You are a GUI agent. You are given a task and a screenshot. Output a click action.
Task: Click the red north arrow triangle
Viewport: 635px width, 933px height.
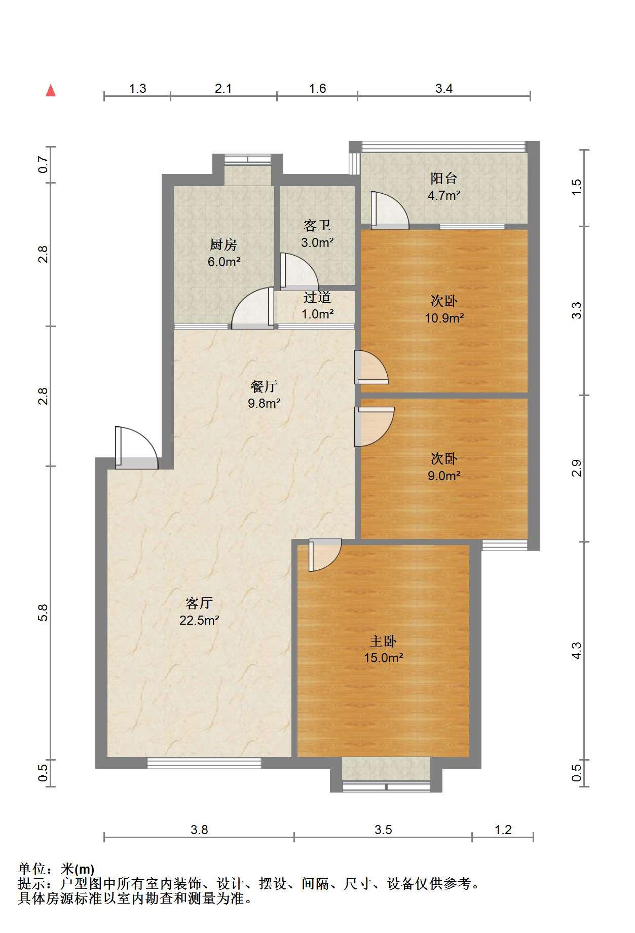tap(51, 90)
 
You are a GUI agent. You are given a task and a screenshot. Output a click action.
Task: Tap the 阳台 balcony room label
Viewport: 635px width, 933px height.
tap(443, 178)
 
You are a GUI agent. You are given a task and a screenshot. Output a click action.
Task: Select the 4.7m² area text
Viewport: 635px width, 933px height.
tap(443, 195)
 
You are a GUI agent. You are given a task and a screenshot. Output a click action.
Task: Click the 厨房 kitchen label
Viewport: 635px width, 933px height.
tap(223, 245)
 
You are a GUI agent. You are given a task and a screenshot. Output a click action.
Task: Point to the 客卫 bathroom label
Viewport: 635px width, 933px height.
tap(317, 225)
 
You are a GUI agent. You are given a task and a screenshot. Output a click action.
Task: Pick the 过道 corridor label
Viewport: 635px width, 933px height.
tap(317, 297)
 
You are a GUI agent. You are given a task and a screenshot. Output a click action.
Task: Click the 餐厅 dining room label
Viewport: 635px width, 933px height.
tap(264, 386)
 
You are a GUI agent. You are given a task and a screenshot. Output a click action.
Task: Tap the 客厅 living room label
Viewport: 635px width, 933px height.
tap(199, 603)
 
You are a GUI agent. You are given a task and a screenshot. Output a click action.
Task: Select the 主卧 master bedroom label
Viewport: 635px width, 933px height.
tap(383, 641)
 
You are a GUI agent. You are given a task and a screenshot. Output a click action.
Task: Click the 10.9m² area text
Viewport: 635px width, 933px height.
tap(444, 318)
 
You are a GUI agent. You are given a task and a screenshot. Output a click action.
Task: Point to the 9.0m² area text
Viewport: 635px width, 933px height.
tap(444, 476)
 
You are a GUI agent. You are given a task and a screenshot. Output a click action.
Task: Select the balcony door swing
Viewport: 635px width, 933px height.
tap(390, 209)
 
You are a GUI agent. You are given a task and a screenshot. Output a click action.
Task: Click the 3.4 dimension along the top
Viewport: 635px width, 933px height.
tap(444, 89)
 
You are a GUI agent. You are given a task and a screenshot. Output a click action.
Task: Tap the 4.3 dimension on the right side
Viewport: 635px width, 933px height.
tap(576, 651)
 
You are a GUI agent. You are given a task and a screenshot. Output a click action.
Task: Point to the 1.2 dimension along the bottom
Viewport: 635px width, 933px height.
tap(503, 830)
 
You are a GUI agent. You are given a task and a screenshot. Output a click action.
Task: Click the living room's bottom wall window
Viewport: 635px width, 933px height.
tap(204, 763)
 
